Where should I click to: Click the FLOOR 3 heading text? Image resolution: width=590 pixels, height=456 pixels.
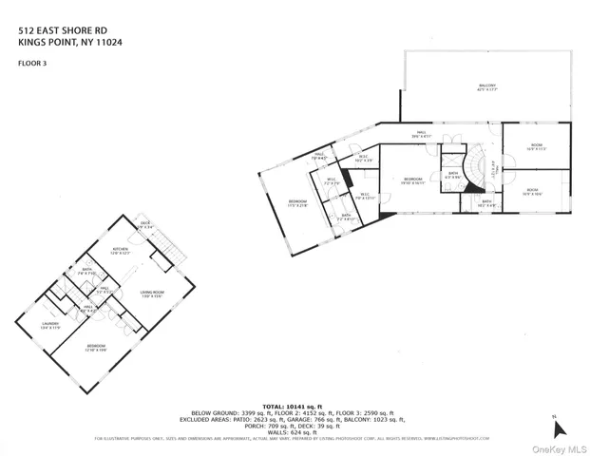[32, 64]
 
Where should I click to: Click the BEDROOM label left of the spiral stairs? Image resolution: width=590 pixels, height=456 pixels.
[411, 180]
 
